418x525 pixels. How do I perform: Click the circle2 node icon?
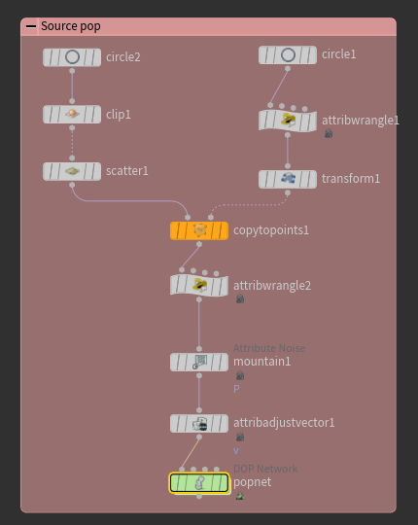(x=72, y=57)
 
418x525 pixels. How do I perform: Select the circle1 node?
(x=288, y=54)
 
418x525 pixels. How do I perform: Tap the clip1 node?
(x=72, y=114)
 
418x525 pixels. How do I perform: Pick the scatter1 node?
(x=72, y=171)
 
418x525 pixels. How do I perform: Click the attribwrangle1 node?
(x=288, y=121)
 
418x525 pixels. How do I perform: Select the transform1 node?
(x=288, y=179)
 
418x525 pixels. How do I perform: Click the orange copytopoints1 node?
(x=199, y=230)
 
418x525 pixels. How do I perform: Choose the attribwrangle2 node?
(x=199, y=285)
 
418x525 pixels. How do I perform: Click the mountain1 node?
(x=199, y=362)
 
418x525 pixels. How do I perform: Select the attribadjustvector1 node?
(x=199, y=424)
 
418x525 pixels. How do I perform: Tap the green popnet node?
(x=199, y=483)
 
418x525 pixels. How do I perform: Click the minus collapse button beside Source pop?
(x=31, y=26)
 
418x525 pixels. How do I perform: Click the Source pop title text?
(x=71, y=26)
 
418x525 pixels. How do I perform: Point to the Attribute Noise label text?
(x=269, y=348)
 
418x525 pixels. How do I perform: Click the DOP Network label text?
(x=265, y=469)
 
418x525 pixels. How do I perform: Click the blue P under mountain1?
(x=236, y=389)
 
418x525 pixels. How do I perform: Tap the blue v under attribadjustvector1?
(x=236, y=451)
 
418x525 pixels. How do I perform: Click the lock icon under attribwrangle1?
(x=329, y=133)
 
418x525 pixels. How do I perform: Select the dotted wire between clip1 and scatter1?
(x=72, y=143)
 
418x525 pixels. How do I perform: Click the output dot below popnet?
(x=199, y=496)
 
